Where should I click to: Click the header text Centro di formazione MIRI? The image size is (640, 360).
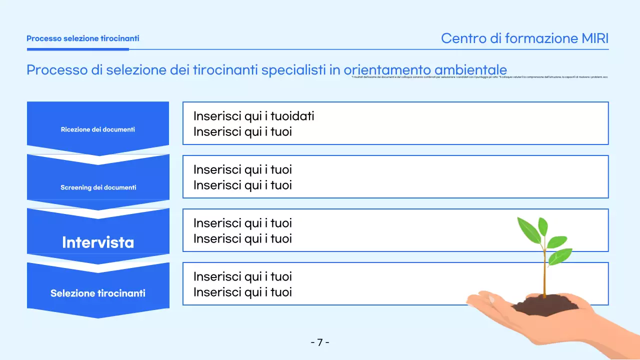[524, 38]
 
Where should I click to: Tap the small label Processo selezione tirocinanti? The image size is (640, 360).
[82, 38]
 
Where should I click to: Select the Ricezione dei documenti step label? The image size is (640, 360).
[98, 129]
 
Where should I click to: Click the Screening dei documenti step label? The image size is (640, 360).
[98, 187]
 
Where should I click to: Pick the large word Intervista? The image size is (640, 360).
[98, 242]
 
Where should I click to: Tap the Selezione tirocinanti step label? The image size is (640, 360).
[98, 293]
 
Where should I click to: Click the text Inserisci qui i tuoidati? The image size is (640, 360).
[253, 116]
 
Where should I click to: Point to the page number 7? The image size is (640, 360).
[320, 342]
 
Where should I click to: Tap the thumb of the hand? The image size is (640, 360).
[482, 299]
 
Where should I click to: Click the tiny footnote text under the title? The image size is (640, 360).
[479, 77]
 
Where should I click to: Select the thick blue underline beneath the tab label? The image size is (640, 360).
[77, 49]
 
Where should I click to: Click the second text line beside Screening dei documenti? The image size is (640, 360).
[242, 185]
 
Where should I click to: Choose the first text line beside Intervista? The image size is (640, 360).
[242, 223]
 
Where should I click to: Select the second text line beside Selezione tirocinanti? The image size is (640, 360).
[242, 292]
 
